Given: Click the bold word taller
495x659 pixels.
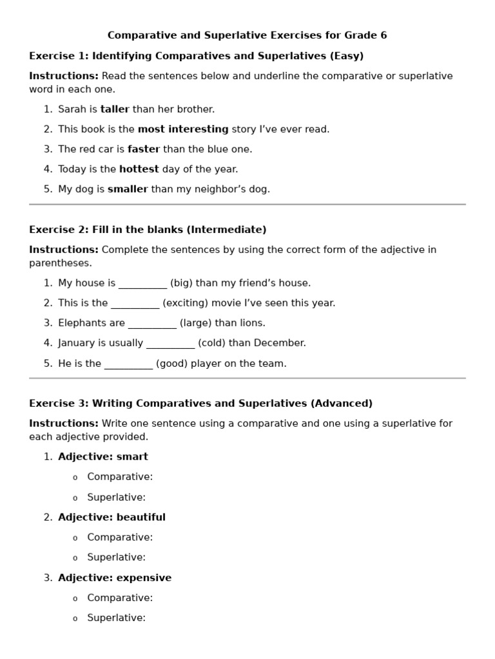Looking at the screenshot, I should (115, 109).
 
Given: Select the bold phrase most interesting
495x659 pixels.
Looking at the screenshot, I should (183, 129).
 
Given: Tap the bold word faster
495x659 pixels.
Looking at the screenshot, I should (144, 149).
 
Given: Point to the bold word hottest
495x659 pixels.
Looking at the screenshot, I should (139, 169).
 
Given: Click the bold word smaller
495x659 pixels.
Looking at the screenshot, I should (128, 189).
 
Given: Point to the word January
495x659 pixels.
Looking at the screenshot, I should (78, 343).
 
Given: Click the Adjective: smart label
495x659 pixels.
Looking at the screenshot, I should (103, 457).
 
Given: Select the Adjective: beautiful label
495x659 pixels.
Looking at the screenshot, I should (112, 517).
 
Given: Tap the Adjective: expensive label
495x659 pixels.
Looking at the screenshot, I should (115, 578).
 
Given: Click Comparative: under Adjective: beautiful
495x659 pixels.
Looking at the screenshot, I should (120, 537).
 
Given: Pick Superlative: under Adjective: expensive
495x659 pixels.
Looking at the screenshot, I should (117, 618).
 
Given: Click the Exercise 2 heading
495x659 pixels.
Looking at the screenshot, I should (148, 230).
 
